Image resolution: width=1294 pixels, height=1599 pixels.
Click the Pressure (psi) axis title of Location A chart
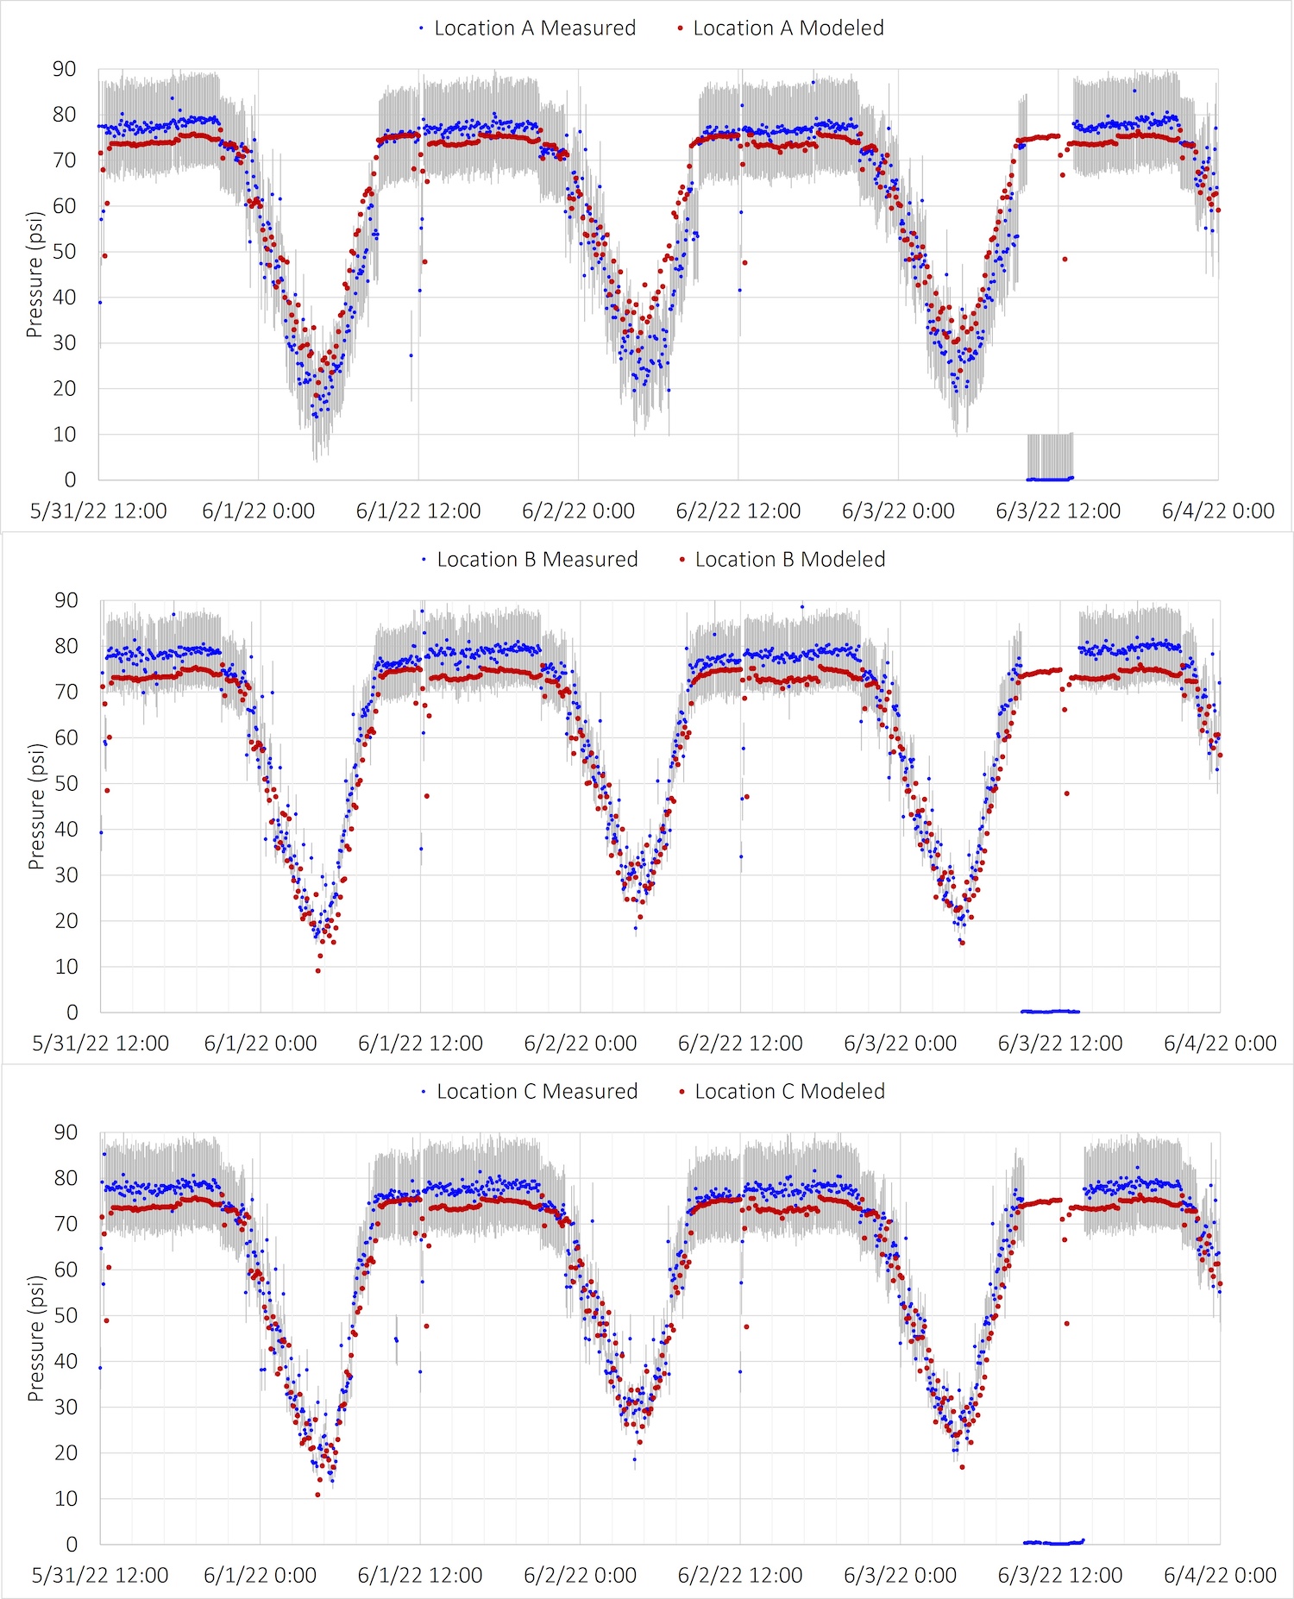coord(35,274)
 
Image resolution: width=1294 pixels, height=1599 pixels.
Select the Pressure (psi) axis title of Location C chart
coord(35,1339)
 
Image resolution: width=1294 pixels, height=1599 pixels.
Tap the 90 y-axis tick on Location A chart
coord(65,69)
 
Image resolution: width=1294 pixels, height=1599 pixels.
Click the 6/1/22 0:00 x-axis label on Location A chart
coord(259,511)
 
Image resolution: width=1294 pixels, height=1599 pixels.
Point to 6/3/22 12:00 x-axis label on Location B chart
coord(1060,1044)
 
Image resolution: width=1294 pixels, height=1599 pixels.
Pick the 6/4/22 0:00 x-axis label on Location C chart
coord(1220,1576)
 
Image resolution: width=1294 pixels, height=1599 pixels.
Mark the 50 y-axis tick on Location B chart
coord(66,784)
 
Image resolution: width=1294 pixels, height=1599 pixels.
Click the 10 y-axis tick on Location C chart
coord(66,1499)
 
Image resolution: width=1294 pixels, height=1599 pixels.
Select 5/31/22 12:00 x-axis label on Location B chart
coord(101,1044)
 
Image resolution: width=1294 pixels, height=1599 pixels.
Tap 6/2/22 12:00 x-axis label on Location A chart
coord(738,511)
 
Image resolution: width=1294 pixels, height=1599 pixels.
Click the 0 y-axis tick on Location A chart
coord(71,480)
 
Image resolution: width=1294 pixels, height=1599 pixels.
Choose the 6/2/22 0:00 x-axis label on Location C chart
coord(581,1576)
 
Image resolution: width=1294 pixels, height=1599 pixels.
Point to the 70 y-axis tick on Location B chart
coord(66,692)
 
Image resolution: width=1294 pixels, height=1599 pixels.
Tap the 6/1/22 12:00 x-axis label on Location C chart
coord(420,1576)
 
